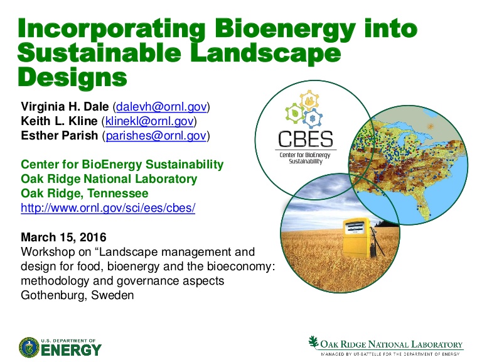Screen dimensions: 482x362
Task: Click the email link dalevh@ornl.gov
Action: pos(161,107)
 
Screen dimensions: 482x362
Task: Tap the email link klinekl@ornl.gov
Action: pos(150,121)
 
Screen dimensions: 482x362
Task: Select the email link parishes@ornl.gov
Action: pos(156,136)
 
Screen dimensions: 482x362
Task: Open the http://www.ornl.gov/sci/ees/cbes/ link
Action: pos(108,208)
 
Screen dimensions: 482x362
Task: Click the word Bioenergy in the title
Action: pos(286,29)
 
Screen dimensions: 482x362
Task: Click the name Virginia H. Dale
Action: pos(65,107)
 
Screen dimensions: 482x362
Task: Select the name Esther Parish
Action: pos(60,136)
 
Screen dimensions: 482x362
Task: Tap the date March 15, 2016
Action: pos(63,238)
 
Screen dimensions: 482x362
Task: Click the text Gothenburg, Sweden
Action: pos(77,295)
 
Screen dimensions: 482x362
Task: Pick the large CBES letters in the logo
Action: pos(305,139)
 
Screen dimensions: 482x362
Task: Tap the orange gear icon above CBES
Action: pos(309,101)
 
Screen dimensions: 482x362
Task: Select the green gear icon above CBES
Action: pos(295,113)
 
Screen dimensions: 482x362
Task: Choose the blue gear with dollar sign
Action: pos(313,118)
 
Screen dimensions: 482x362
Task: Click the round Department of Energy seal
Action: pos(29,348)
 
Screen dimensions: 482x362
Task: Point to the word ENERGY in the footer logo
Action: pos(72,350)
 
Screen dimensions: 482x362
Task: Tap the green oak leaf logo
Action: pos(313,342)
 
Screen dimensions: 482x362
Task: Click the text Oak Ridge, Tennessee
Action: pos(85,194)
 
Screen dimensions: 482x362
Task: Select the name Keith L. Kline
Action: pos(59,121)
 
